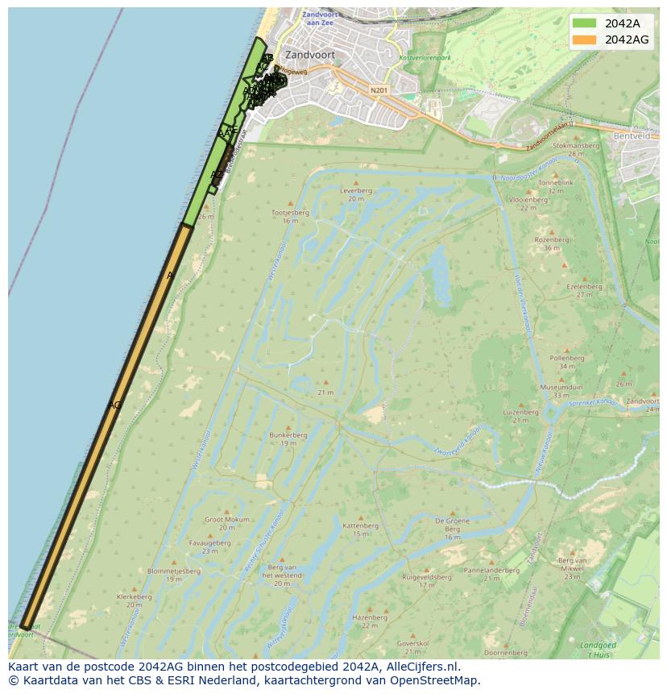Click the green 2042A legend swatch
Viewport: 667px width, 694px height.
tap(585, 23)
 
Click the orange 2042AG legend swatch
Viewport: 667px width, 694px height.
tap(585, 39)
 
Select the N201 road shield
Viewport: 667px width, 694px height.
tap(379, 90)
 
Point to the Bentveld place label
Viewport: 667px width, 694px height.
tap(631, 136)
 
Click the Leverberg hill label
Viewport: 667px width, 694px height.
tap(356, 191)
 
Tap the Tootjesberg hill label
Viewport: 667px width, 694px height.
tap(290, 213)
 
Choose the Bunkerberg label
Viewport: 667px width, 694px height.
tap(288, 435)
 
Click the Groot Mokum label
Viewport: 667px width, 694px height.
tap(226, 520)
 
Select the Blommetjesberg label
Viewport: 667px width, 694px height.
tap(173, 571)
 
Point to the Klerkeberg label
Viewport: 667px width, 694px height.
tap(134, 596)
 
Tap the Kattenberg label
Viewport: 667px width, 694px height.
tap(360, 526)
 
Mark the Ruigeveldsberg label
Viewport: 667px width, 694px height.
tap(426, 577)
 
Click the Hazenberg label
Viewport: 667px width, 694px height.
tap(369, 617)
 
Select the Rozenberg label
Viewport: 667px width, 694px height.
tap(551, 239)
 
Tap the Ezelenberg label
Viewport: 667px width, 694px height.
tap(584, 286)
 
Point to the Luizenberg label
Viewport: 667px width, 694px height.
tap(520, 412)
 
